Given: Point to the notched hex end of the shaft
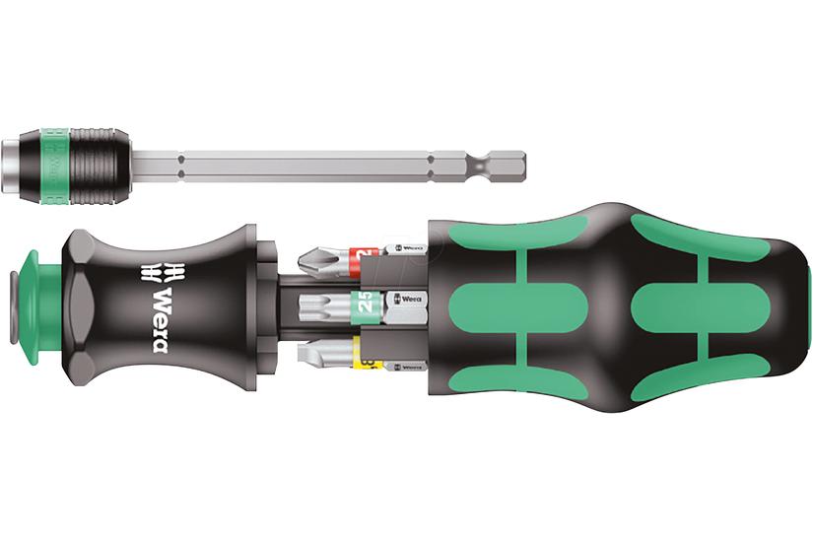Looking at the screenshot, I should (503, 161).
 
